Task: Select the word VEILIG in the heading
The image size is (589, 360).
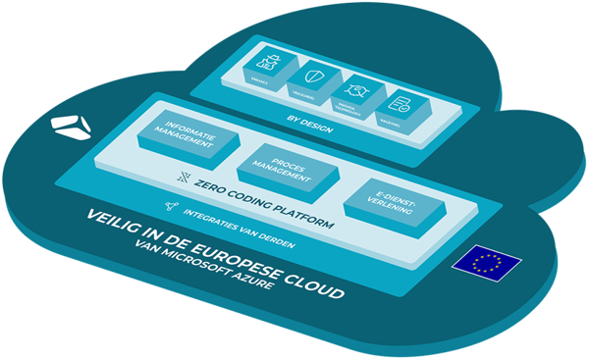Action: click(x=110, y=221)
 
